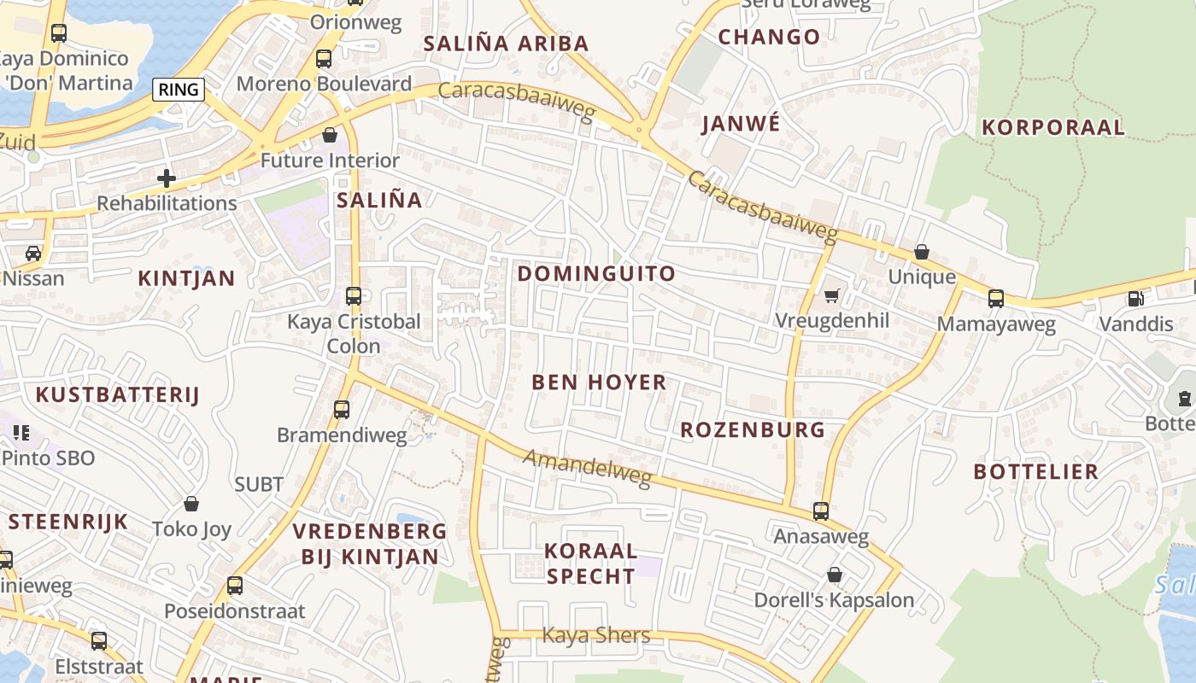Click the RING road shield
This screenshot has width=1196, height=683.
[179, 90]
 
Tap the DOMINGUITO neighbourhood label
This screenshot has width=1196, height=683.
[596, 274]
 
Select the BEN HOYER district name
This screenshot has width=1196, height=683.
[599, 382]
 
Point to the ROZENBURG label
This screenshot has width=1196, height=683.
[753, 429]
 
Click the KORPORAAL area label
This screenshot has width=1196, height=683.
[1053, 128]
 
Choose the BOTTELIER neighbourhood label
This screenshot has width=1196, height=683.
[1035, 472]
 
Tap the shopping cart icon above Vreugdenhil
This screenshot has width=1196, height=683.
[831, 296]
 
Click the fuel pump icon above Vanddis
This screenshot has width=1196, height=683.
[1135, 299]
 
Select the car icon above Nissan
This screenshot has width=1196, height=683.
[33, 253]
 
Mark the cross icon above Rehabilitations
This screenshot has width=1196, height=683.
[167, 178]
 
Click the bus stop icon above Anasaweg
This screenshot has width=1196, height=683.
[821, 511]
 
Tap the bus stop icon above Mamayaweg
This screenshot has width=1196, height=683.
[996, 299]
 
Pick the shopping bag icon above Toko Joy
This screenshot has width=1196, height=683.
[191, 504]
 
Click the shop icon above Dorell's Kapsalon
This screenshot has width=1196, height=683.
[834, 575]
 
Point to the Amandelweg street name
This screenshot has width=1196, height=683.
[587, 469]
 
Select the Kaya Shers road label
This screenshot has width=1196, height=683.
[596, 635]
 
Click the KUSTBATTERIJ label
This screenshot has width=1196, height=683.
[117, 394]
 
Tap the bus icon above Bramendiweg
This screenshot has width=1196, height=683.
[342, 410]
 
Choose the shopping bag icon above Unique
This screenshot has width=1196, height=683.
[922, 252]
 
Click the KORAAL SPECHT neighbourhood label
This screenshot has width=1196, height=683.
[591, 563]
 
